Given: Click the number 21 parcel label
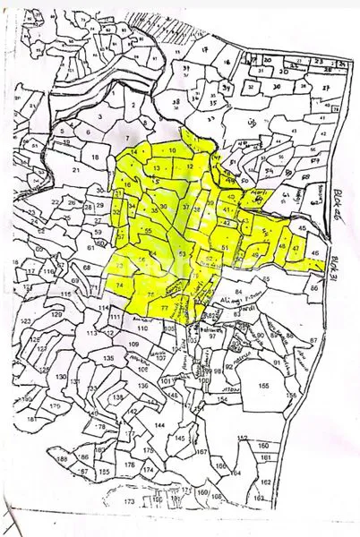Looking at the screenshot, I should point(77,168).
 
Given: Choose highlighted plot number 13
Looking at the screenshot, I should point(157,168).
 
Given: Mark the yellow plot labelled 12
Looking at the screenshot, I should point(189,167).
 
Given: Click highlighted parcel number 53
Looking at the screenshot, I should point(182,255).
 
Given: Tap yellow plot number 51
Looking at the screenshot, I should point(225,249).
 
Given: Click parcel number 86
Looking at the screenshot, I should point(313,289).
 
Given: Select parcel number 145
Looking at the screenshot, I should point(181,439).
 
